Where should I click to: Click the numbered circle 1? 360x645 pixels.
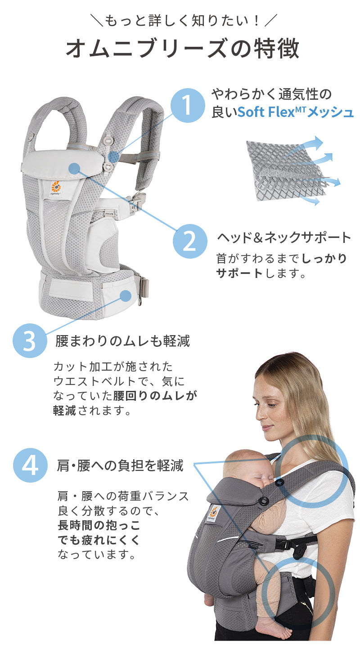pos(188,105)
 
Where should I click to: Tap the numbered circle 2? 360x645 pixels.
pos(190,241)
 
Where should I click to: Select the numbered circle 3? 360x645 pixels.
pos(30,341)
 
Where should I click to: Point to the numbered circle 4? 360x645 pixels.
pos(30,466)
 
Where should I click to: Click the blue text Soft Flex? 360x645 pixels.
pos(265,112)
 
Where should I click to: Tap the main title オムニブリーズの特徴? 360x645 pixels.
pos(183,48)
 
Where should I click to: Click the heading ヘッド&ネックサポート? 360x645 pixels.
pos(283,237)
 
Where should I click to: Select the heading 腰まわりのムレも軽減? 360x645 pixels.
pos(123,341)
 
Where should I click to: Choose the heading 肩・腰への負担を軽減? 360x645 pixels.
pos(120,466)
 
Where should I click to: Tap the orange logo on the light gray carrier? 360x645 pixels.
pos(56,187)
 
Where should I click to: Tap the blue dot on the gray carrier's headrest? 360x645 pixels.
pos(74,168)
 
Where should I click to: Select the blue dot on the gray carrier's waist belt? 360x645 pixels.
pos(126,296)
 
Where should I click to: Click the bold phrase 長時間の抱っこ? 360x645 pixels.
pos(99,525)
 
